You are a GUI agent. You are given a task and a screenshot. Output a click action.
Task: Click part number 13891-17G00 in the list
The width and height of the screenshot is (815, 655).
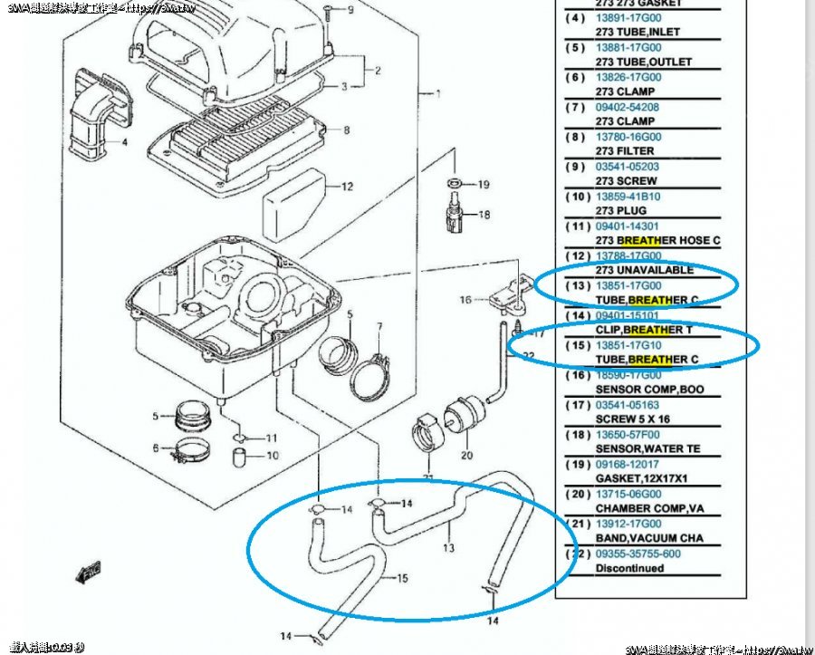628,17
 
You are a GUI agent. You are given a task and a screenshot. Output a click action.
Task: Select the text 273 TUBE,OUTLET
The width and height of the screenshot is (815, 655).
643,62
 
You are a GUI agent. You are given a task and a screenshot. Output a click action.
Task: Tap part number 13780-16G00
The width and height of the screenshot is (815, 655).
628,137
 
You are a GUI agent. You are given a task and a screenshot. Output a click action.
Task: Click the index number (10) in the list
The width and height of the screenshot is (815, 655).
579,197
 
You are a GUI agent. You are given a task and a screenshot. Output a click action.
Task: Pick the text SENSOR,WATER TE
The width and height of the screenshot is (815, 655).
647,449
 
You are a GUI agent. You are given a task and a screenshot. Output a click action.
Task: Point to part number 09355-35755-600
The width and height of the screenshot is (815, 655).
638,554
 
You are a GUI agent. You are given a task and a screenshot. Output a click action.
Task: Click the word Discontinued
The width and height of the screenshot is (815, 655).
629,569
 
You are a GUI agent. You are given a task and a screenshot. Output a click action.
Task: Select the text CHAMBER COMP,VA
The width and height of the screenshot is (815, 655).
647,509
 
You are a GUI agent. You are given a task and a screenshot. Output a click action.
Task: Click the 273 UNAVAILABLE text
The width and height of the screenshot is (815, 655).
645,270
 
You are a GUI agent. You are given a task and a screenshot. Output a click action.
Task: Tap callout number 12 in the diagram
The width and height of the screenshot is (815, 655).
347,188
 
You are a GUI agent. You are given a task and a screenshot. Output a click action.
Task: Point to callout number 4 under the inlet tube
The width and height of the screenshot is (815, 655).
125,143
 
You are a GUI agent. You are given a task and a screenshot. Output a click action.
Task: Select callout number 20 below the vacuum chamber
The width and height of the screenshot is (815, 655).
467,455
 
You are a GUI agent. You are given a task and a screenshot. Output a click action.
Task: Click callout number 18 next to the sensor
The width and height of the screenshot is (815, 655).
484,215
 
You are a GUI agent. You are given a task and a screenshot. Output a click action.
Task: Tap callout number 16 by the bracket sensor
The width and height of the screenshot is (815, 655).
466,300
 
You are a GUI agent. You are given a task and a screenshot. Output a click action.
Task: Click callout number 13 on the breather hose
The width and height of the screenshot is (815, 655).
447,548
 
